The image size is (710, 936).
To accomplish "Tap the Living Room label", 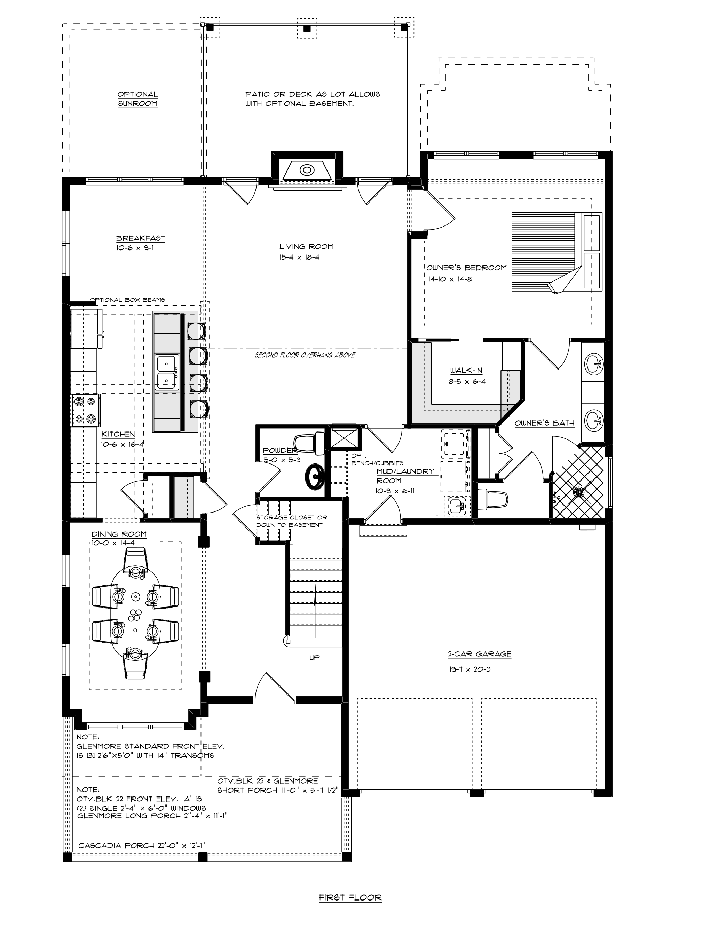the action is pyautogui.click(x=306, y=247).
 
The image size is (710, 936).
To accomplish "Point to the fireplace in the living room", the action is pyautogui.click(x=306, y=170).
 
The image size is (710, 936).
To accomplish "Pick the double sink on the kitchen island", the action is pyautogui.click(x=167, y=372).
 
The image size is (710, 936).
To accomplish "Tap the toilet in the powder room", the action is pyautogui.click(x=308, y=443).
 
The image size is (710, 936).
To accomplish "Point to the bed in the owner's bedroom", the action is pyautogui.click(x=557, y=252).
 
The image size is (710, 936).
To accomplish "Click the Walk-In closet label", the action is pyautogui.click(x=466, y=371).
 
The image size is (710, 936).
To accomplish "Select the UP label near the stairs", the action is pyautogui.click(x=314, y=658).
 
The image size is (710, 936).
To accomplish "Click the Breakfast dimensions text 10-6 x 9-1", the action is pyautogui.click(x=135, y=248).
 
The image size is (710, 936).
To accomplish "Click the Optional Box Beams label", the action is pyautogui.click(x=127, y=300).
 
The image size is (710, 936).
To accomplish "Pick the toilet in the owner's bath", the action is pyautogui.click(x=492, y=499).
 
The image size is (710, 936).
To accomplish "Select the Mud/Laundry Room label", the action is pyautogui.click(x=405, y=476).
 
